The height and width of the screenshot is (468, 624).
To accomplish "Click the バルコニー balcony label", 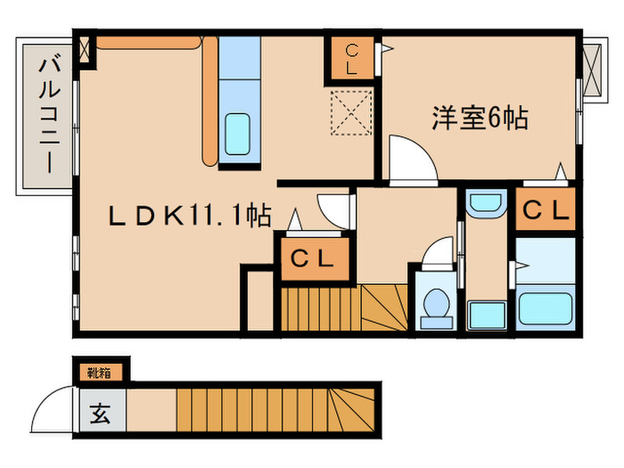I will point(47,113).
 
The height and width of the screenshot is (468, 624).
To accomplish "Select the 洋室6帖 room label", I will point(480,117).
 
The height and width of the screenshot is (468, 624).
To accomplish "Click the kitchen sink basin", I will point(238,133).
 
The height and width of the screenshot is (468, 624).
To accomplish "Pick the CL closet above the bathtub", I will point(545,211).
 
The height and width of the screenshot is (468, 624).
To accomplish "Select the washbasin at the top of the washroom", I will point(485,204).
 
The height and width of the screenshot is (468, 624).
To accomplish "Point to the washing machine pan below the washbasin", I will point(486,314).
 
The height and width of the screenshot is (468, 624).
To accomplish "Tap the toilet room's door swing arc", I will point(439,252).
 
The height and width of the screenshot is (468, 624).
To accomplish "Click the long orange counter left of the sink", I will point(208,98).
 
